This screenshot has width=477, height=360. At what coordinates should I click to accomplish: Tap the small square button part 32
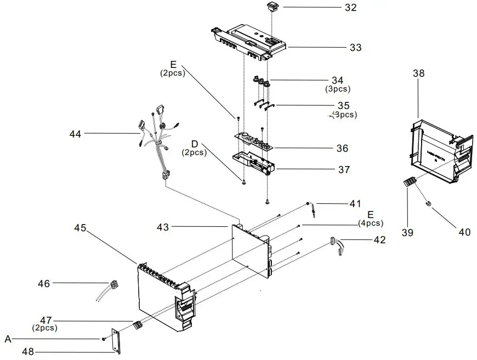pyautogui.click(x=272, y=7)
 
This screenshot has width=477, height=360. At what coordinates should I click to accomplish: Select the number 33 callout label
pyautogui.click(x=355, y=48)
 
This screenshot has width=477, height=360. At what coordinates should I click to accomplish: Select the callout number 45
pyautogui.click(x=80, y=228)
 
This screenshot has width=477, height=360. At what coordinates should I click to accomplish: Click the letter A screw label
pyautogui.click(x=8, y=339)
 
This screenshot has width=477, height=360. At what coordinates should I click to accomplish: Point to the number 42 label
pyautogui.click(x=379, y=240)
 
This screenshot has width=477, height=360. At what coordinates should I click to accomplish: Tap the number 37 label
pyautogui.click(x=344, y=170)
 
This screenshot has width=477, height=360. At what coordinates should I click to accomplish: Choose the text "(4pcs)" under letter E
pyautogui.click(x=371, y=223)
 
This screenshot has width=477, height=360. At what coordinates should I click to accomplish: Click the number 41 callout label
pyautogui.click(x=355, y=204)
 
